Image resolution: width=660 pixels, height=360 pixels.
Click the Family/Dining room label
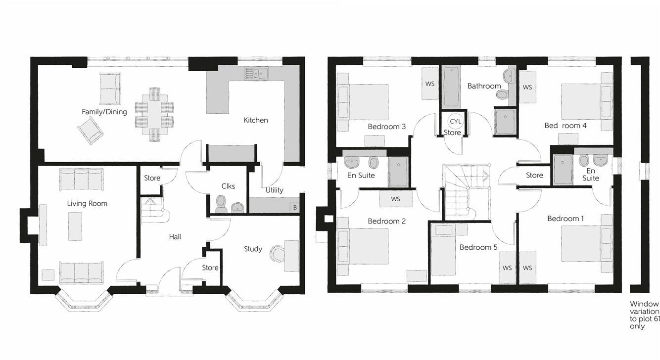coord(104,112)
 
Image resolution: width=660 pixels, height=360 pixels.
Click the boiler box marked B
coord(295,208)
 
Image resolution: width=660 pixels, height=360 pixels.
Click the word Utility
coord(274,190)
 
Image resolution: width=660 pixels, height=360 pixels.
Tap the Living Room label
coord(87,203)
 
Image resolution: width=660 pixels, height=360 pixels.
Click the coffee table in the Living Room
coord(75,226)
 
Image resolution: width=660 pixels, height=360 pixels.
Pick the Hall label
coord(175,237)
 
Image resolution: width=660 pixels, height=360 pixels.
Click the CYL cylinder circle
coord(455,121)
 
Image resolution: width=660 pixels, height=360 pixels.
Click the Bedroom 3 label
coord(386,127)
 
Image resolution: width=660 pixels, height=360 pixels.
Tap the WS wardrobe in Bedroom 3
coord(429,84)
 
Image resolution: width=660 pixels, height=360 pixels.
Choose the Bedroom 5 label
coord(478,247)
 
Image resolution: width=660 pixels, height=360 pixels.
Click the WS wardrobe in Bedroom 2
coord(395,199)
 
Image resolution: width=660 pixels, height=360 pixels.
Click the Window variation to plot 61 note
coord(644,315)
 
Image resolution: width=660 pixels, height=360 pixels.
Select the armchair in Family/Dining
coord(90,132)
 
